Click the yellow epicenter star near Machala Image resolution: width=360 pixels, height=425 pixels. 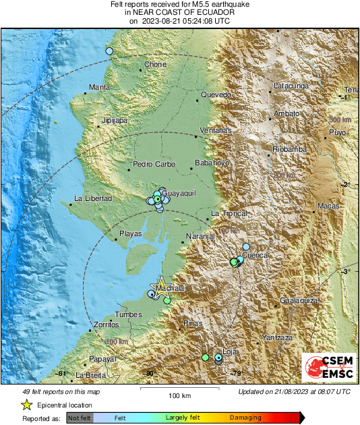coord(162,285)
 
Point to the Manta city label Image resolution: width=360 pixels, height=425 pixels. coord(99,88)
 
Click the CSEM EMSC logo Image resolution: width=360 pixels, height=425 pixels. coord(328,368)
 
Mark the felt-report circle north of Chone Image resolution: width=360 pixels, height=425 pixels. coord(109,51)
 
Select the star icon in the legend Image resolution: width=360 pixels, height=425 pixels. coord(26,405)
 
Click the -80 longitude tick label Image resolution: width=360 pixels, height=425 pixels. coord(150,374)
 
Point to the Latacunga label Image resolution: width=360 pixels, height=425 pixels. coord(291,86)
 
